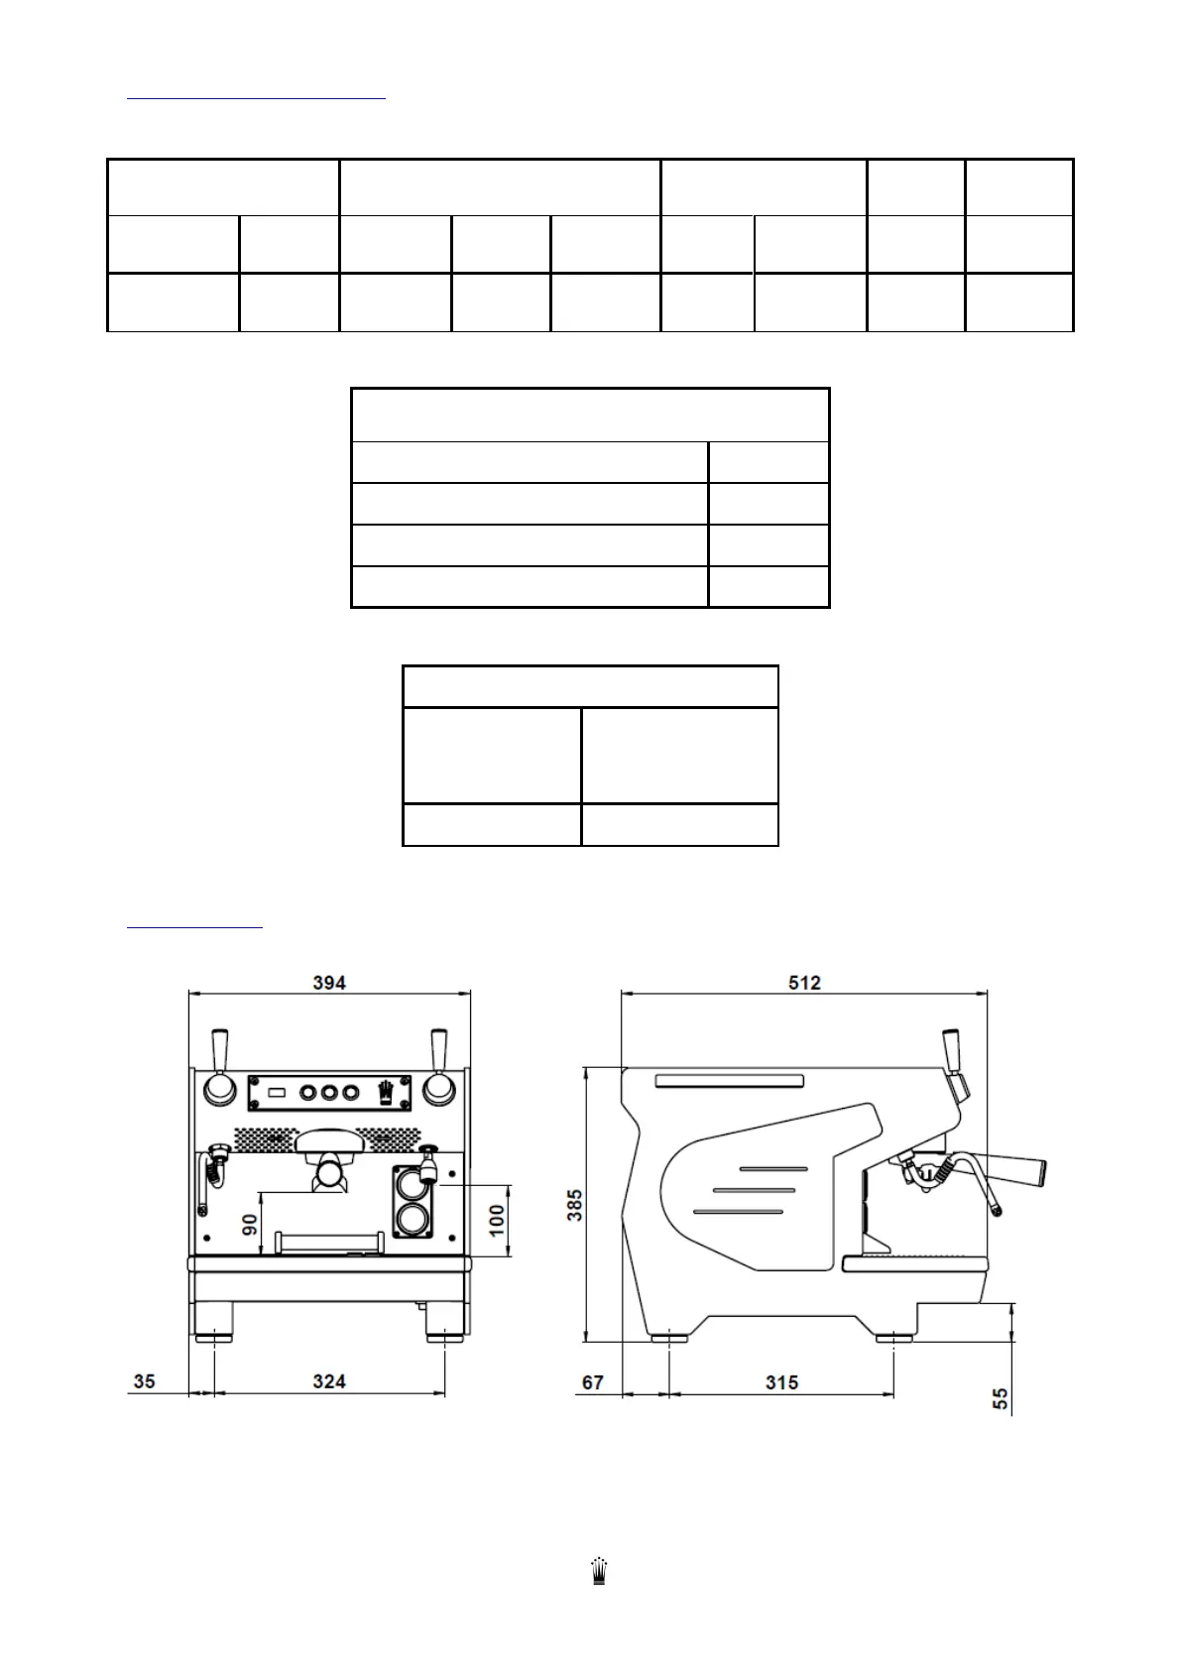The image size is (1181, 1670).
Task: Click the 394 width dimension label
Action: click(x=329, y=983)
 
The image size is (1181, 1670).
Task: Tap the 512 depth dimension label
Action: click(x=804, y=983)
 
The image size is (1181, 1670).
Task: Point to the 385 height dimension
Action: click(x=575, y=1205)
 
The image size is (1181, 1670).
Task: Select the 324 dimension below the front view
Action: click(x=329, y=1381)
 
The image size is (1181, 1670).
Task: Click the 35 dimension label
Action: click(x=145, y=1381)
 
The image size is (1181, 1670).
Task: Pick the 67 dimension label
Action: click(x=592, y=1381)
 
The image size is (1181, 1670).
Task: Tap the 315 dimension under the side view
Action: click(x=781, y=1381)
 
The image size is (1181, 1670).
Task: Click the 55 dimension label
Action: click(x=1002, y=1398)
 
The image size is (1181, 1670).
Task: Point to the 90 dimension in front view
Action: click(x=250, y=1224)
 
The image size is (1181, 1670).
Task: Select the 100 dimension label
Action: click(x=498, y=1217)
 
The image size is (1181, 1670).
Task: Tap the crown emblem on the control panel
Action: click(x=387, y=1092)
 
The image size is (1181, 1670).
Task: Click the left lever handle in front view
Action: click(x=220, y=1049)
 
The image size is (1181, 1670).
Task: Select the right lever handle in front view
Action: click(x=437, y=1049)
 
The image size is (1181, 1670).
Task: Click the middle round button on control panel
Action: click(x=328, y=1092)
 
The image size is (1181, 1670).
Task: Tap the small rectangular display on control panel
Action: click(x=277, y=1092)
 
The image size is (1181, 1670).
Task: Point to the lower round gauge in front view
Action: click(x=410, y=1219)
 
